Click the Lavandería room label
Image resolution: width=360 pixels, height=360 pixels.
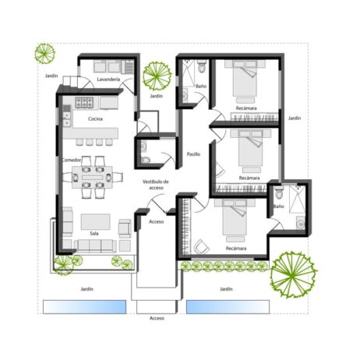(108, 79)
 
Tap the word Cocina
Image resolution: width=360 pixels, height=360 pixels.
(95, 118)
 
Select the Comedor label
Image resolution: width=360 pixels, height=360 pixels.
(72, 160)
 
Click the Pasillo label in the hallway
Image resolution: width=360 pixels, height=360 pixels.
(193, 154)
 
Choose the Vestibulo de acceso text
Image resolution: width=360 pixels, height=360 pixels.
(154, 185)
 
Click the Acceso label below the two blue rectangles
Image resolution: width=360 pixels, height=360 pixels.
(157, 319)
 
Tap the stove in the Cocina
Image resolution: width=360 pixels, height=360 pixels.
(85, 103)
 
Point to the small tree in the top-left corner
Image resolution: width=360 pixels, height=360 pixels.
(45, 54)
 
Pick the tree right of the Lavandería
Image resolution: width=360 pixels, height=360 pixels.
(157, 76)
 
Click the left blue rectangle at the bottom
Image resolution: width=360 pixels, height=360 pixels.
(84, 306)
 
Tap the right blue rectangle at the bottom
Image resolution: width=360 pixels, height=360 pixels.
(227, 306)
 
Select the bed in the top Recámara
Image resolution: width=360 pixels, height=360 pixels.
(245, 79)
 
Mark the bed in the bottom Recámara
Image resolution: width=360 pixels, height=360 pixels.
(234, 221)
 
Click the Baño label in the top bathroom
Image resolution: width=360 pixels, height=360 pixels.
(200, 86)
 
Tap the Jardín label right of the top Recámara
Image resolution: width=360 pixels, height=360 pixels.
(294, 118)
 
